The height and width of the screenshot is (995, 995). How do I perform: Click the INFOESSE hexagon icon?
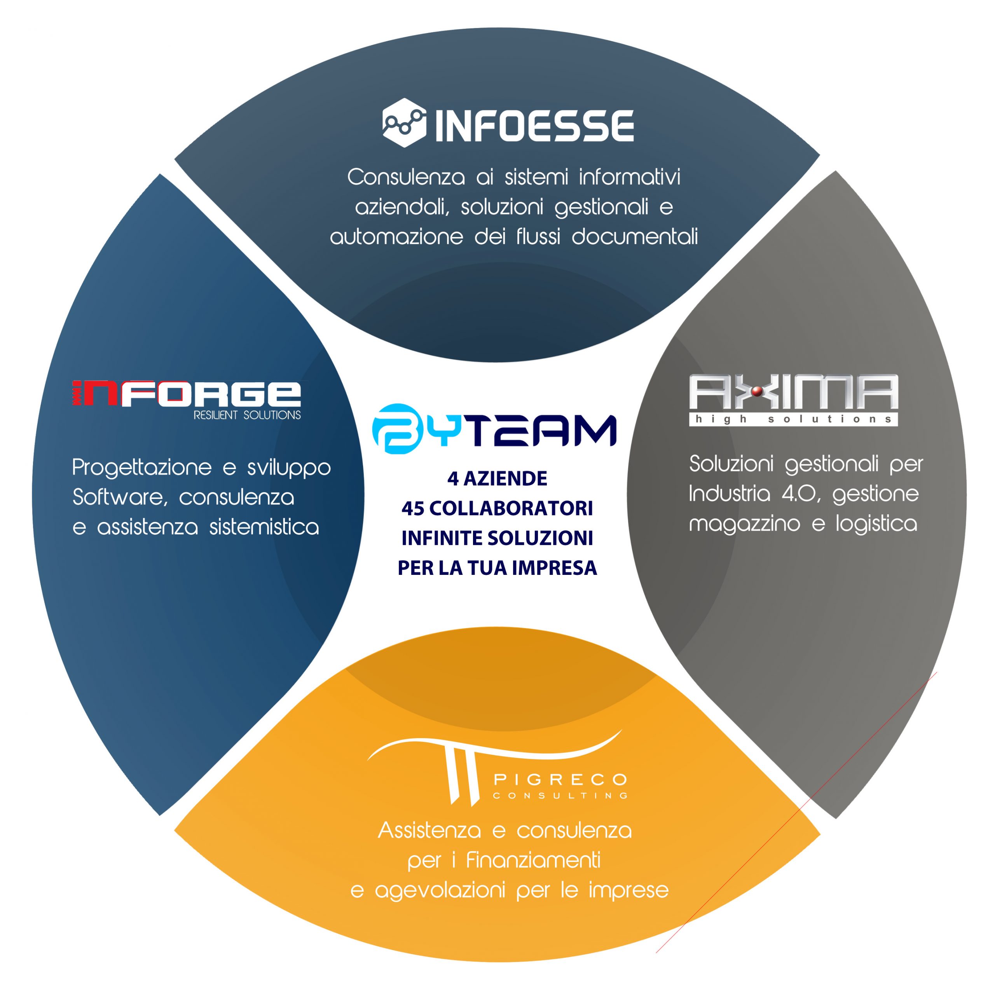click(x=404, y=122)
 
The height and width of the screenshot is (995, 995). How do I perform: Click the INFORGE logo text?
click(x=187, y=393)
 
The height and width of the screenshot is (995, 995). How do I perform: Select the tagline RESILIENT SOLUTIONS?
click(x=247, y=415)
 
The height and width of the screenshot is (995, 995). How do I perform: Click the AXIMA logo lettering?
click(x=794, y=393)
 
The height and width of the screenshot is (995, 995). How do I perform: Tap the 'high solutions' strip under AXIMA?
click(x=794, y=419)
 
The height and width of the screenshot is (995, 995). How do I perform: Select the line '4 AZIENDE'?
click(x=497, y=478)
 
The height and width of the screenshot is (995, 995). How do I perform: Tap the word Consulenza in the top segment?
click(x=406, y=177)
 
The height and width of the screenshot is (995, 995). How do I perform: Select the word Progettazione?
click(x=141, y=468)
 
